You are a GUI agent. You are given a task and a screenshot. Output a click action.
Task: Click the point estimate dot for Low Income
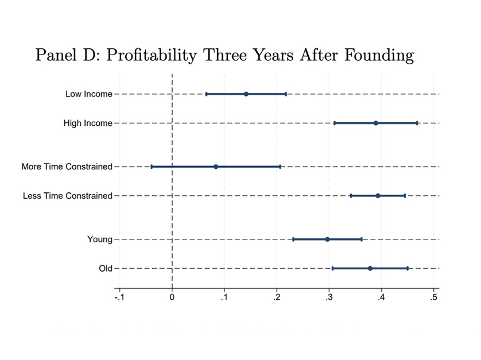click(246, 94)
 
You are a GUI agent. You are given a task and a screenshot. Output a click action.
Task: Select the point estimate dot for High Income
click(376, 123)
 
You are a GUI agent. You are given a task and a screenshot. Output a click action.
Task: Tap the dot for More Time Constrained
click(216, 167)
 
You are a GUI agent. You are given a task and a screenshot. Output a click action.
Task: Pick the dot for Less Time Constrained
click(378, 196)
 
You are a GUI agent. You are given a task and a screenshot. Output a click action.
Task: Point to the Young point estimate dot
click(327, 239)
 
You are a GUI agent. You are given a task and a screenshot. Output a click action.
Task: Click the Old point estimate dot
click(370, 268)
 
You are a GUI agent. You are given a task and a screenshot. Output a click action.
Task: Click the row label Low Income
click(88, 94)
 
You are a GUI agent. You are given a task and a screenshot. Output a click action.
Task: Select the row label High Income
click(88, 123)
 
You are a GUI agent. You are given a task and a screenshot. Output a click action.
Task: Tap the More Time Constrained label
click(67, 167)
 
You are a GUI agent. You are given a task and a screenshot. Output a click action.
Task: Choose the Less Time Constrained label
click(67, 196)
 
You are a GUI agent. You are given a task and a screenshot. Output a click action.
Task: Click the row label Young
click(99, 239)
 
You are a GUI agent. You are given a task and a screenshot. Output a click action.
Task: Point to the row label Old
click(105, 268)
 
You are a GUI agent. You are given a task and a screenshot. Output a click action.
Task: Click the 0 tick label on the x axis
click(172, 297)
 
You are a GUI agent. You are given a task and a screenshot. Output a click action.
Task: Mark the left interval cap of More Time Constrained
click(152, 167)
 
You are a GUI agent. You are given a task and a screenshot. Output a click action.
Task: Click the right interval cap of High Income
click(417, 123)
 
